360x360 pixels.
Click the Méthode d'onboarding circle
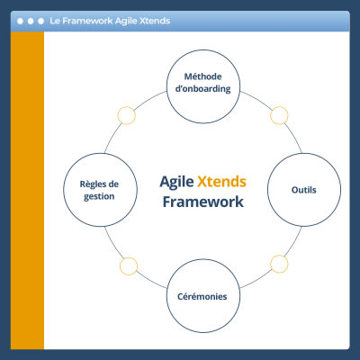click(202, 83)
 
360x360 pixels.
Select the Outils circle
click(303, 190)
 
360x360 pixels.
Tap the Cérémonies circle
click(202, 296)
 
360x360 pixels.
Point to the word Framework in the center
click(202, 202)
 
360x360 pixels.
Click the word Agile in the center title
click(176, 181)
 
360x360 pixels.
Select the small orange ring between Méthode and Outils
click(279, 115)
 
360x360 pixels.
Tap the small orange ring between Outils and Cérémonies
click(279, 265)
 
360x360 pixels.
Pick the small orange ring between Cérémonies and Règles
click(127, 265)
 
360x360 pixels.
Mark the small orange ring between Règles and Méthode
click(127, 115)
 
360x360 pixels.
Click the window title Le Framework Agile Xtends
click(110, 20)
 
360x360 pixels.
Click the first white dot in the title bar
click(19, 20)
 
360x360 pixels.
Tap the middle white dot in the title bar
click(30, 20)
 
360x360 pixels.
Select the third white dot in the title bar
click(40, 20)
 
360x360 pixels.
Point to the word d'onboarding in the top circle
click(202, 90)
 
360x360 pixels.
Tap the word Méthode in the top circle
click(202, 76)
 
